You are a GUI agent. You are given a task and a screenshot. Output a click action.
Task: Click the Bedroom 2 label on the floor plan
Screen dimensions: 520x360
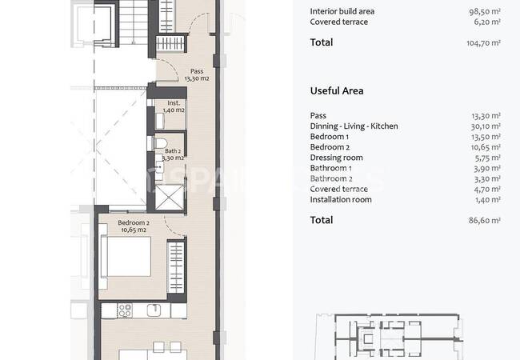[134, 226]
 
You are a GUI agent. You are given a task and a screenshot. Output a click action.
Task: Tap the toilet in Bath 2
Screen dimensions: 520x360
[161, 143]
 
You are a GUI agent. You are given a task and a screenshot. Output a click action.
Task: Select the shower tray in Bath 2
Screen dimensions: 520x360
[169, 198]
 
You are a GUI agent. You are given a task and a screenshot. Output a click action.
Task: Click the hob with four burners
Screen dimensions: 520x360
[125, 310]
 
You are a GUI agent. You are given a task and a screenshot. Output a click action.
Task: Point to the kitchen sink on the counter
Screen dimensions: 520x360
[154, 310]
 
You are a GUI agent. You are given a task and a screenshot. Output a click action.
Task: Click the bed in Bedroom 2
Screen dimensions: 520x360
[126, 256]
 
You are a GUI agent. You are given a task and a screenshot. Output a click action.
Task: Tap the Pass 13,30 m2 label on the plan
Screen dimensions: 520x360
[197, 75]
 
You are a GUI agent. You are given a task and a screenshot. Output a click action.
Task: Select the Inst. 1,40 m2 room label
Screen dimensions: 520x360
[174, 106]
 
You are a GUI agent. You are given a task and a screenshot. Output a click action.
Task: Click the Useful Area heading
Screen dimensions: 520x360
[337, 91]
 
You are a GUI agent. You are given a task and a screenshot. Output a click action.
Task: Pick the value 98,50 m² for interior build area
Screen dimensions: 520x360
[485, 11]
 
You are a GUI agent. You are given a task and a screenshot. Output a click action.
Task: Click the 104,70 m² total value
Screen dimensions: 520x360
[483, 42]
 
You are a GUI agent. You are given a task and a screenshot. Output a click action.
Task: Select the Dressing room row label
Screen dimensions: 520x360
[336, 158]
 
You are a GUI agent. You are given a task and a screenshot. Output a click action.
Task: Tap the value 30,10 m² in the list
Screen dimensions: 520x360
[486, 126]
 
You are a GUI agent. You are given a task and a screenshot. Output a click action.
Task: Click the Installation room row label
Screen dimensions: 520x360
[341, 199]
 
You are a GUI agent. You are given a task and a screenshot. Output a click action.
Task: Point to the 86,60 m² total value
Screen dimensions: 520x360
[484, 220]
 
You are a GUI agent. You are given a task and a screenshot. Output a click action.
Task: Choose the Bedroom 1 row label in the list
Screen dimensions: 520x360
[330, 137]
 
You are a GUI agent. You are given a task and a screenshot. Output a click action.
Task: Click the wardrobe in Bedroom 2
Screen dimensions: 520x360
[176, 267]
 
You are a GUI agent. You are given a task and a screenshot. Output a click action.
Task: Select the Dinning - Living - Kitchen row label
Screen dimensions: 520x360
[354, 126]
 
